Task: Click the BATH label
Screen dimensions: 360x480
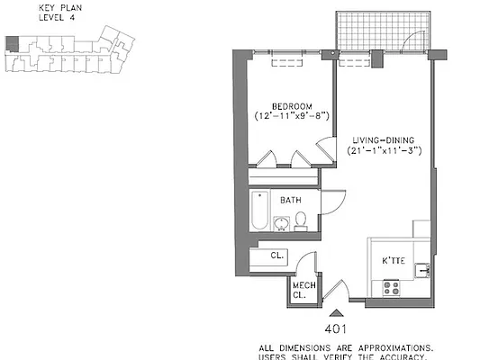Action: pos(290,200)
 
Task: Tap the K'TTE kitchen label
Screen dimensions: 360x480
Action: pos(394,262)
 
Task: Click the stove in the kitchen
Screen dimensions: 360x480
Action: pos(392,288)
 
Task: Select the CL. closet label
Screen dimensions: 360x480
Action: pos(277,256)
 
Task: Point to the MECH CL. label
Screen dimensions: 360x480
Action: pos(302,289)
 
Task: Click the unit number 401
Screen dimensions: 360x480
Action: pos(335,329)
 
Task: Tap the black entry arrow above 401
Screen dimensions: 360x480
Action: pos(335,311)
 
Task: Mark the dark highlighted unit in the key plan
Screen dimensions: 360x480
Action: pos(11,40)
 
